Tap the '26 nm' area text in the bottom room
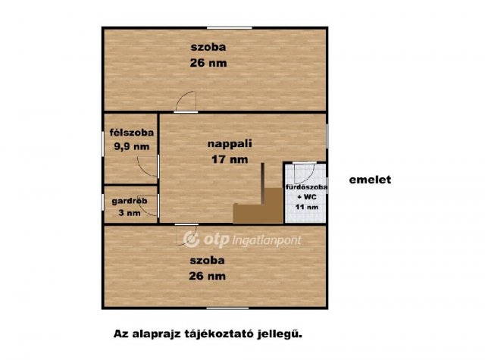tap(207, 277)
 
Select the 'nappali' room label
tap(229, 142)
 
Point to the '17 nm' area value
tap(229, 159)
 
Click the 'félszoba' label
tap(131, 133)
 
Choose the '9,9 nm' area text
tap(130, 147)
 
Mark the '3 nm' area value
tap(130, 214)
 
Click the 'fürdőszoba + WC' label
tap(305, 190)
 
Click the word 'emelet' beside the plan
tap(369, 180)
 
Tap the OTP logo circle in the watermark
tap(191, 239)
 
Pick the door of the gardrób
tap(150, 208)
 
